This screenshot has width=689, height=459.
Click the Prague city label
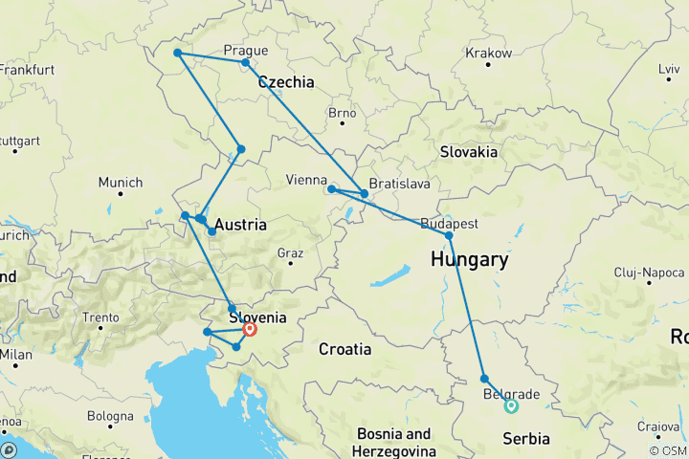[245, 51]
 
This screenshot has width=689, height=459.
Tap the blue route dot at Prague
[246, 63]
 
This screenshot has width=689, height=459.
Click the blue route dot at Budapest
[449, 235]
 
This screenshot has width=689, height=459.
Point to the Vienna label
[307, 180]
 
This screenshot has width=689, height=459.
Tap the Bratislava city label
[391, 182]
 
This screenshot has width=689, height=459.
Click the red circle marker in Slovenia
[250, 329]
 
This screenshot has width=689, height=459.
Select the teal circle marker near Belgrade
[511, 405]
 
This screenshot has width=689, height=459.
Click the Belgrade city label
[511, 394]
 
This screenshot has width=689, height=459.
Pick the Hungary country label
[469, 259]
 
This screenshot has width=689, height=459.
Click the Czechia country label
[285, 82]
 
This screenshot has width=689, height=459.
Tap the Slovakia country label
[468, 152]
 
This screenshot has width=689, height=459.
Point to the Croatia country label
[344, 350]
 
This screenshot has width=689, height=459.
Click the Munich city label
[121, 183]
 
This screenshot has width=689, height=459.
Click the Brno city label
[342, 113]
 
